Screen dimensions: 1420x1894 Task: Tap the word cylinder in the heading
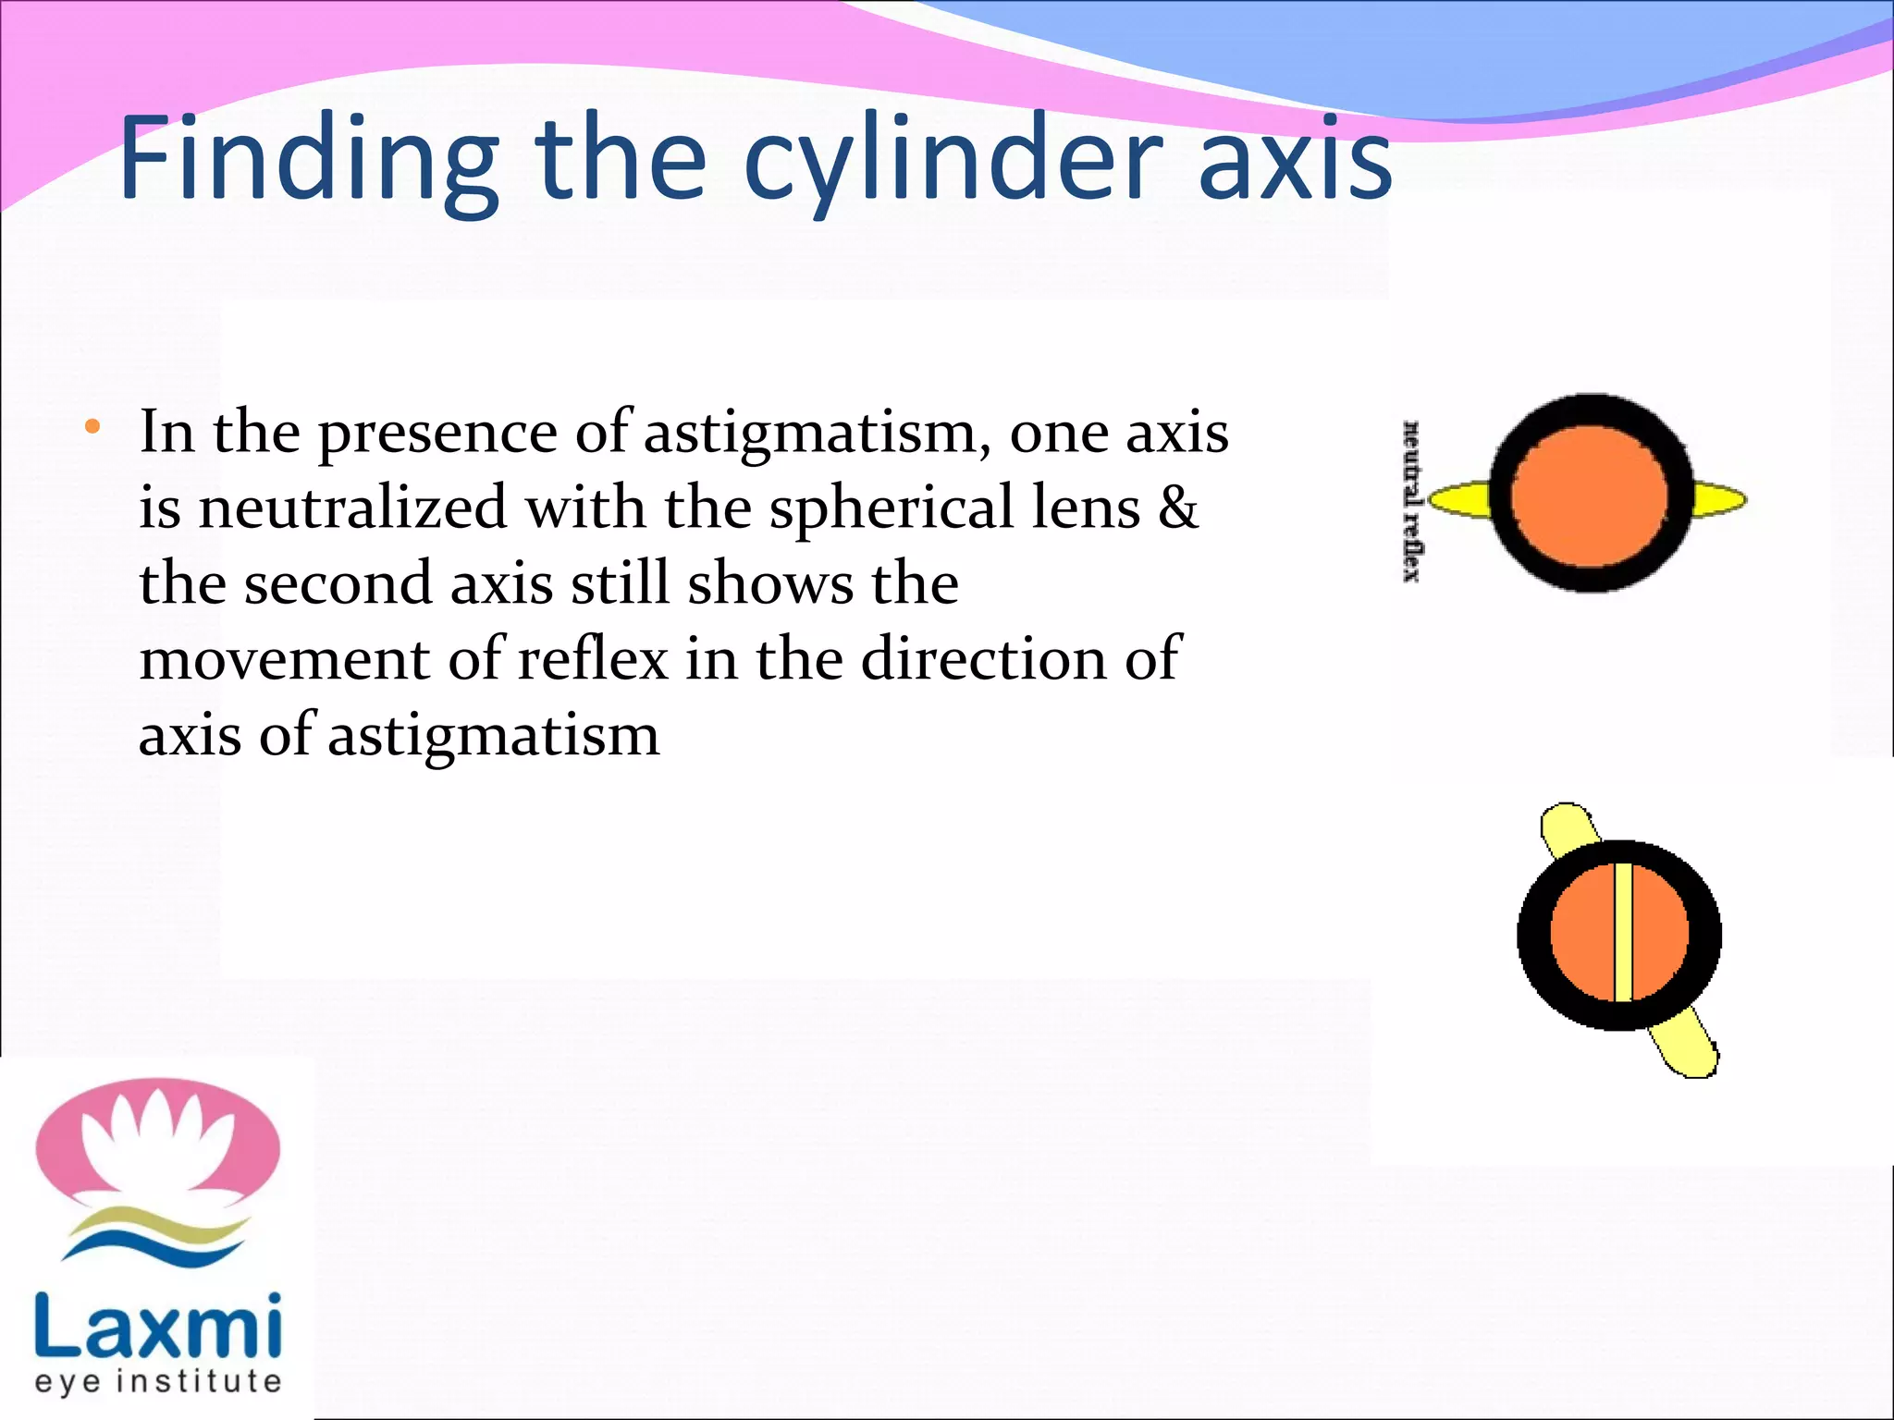coord(953,159)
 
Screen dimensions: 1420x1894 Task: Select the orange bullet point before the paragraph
coord(92,427)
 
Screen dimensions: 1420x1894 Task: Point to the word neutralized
coord(352,508)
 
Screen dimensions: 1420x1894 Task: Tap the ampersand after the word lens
coord(1177,508)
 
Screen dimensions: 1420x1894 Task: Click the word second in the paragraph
coord(338,584)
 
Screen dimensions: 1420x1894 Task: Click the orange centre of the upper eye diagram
coord(1590,495)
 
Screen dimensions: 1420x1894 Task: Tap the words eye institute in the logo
coord(157,1382)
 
